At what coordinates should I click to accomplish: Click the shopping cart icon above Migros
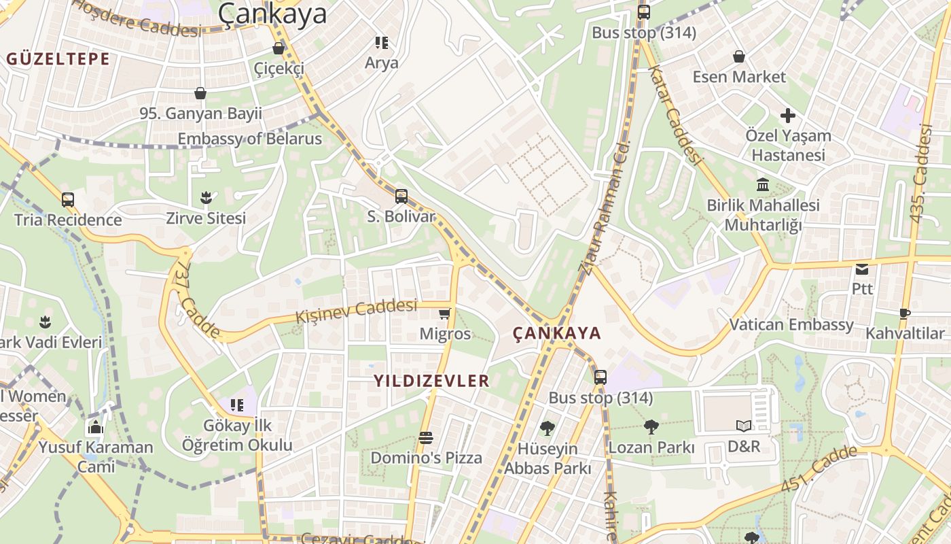[x=444, y=313]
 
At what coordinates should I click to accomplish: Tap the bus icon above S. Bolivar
[x=401, y=197]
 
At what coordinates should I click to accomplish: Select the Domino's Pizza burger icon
[x=426, y=437]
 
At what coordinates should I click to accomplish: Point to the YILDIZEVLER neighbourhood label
[x=431, y=381]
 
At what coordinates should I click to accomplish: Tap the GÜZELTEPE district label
[x=58, y=59]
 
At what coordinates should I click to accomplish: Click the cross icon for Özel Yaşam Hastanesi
[x=787, y=116]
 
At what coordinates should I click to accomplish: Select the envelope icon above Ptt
[x=862, y=269]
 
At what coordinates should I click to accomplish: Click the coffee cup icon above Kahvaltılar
[x=904, y=313]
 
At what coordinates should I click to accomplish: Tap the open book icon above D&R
[x=744, y=426]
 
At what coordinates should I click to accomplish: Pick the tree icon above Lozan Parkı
[x=651, y=427]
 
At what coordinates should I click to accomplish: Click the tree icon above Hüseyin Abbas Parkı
[x=547, y=428]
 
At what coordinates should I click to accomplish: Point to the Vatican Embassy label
[x=791, y=324]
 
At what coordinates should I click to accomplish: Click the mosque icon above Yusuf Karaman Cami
[x=96, y=427]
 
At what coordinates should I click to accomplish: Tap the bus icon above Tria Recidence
[x=68, y=200]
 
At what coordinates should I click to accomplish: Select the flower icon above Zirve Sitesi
[x=206, y=198]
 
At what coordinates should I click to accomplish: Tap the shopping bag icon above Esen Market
[x=738, y=56]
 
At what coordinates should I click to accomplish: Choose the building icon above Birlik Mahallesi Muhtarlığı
[x=763, y=184]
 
